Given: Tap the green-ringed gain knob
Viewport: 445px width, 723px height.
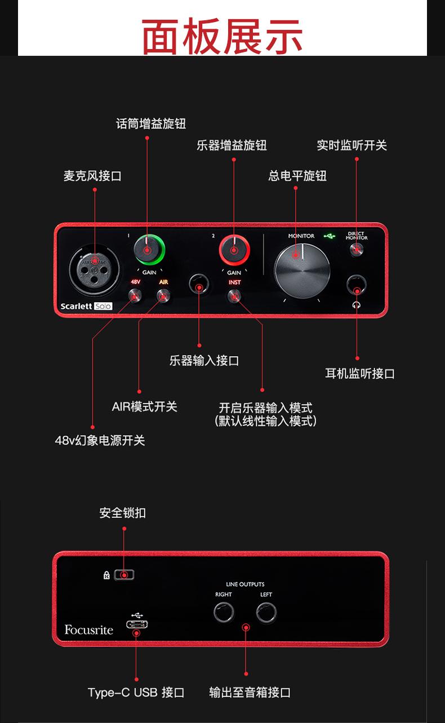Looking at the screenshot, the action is tap(149, 249).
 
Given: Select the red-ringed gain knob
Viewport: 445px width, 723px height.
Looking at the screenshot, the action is tap(234, 249).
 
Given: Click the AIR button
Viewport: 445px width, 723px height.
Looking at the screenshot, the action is tap(163, 295).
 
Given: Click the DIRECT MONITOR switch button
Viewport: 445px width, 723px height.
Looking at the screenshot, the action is tap(356, 250).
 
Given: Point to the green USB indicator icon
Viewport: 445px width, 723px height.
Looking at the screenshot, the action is tap(330, 236).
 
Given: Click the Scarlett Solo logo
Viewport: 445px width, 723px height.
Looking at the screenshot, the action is tap(86, 307).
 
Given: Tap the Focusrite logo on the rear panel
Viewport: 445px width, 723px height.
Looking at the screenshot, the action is tap(88, 629).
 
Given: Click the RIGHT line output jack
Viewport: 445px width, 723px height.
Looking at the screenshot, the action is tap(224, 613).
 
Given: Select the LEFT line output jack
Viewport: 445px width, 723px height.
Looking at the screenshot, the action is tap(266, 613).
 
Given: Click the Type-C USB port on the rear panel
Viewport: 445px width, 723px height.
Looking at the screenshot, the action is tap(136, 625).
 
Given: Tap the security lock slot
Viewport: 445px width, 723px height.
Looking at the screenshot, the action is tap(125, 575).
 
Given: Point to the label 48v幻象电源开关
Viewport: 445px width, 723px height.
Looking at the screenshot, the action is tap(100, 441).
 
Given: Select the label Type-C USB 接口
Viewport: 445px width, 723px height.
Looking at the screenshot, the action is tap(136, 693).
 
